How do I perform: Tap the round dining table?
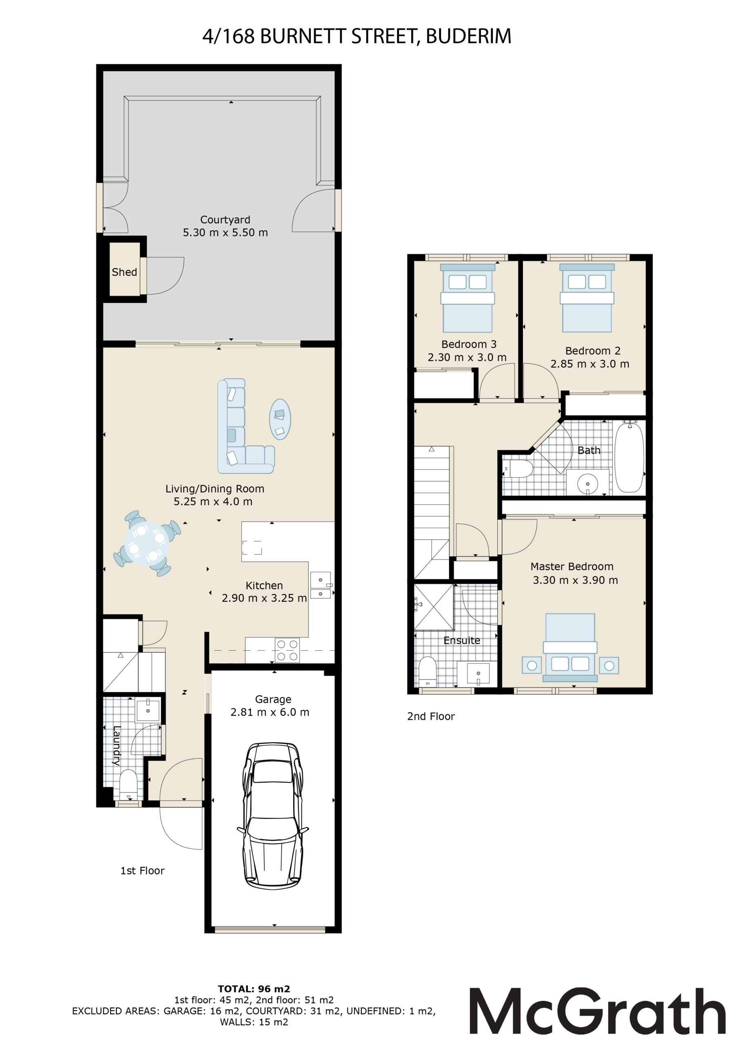pos(147,543)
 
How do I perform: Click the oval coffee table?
pos(280,419)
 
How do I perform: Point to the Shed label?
pos(124,272)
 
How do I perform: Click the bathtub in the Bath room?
pos(629,456)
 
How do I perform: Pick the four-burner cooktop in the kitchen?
pos(287,650)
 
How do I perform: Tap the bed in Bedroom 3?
pos(467,298)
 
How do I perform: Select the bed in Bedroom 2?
pos(587,298)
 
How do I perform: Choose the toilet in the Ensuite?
pos(427,671)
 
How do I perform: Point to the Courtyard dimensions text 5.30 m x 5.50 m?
pos(225,233)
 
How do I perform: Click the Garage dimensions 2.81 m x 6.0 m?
pos(270,712)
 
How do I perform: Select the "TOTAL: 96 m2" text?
pos(254,989)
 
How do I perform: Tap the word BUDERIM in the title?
pos(469,36)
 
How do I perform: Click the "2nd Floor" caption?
pos(431,716)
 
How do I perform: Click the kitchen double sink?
pos(321,585)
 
